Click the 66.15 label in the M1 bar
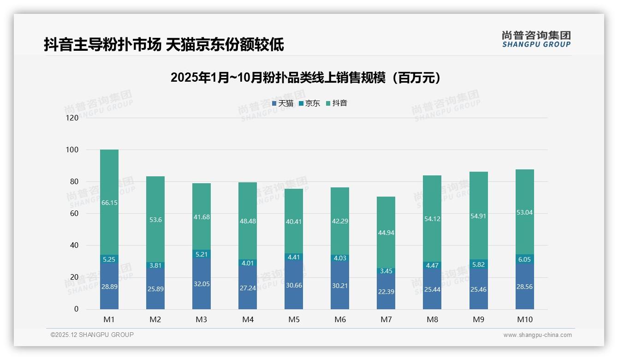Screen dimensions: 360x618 (x=109, y=203)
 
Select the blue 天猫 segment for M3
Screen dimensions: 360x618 (x=202, y=282)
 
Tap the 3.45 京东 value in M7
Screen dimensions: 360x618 (x=386, y=271)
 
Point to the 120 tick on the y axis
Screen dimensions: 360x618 (x=72, y=118)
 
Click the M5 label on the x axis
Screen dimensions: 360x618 (x=294, y=319)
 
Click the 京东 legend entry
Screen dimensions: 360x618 (x=309, y=103)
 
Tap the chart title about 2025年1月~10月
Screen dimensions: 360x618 (x=308, y=78)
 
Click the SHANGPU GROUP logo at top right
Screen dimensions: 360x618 (x=536, y=39)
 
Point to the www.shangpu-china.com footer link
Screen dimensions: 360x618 (x=537, y=335)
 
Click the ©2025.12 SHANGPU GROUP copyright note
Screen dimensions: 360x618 (x=92, y=335)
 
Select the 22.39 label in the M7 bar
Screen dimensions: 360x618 (x=386, y=292)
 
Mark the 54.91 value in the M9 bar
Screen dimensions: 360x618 (x=478, y=216)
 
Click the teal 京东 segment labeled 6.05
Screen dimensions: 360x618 (x=524, y=259)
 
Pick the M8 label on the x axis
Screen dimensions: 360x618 (x=432, y=319)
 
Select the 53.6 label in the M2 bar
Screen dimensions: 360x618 (x=155, y=220)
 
